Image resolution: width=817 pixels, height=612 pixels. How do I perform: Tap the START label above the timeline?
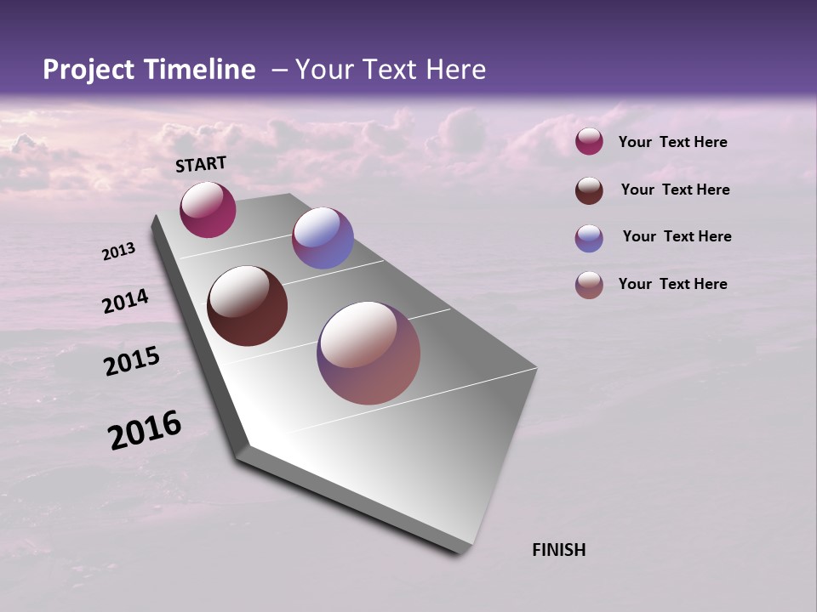(x=201, y=164)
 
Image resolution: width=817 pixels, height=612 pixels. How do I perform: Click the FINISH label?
(x=558, y=550)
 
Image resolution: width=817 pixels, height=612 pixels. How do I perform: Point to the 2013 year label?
(x=119, y=252)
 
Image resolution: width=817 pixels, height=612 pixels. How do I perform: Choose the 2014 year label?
(x=126, y=302)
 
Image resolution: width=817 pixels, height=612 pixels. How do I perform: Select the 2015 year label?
(x=132, y=361)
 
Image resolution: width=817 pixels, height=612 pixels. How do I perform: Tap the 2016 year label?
(x=145, y=430)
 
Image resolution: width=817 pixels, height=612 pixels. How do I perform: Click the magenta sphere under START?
(x=208, y=209)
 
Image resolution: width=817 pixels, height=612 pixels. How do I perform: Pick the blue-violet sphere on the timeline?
(x=323, y=238)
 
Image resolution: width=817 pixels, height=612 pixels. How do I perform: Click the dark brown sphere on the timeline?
(x=247, y=306)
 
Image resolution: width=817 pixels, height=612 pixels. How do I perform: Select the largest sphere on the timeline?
(x=369, y=353)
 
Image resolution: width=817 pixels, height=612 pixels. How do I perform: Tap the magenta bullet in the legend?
(x=589, y=141)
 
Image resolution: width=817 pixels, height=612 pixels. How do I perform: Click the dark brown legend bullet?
(x=589, y=190)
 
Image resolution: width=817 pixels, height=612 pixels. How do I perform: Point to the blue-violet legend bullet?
(x=589, y=238)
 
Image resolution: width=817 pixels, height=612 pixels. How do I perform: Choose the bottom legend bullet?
(x=589, y=285)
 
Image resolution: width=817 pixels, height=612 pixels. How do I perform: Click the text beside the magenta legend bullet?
(x=672, y=142)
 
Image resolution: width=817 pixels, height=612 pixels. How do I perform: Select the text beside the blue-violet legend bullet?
(x=677, y=236)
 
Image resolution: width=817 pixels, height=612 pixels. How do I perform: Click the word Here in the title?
(x=455, y=70)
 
